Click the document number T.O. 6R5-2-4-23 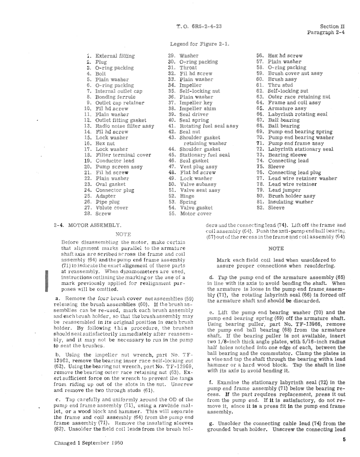pos(199,27)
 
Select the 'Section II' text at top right pos(332,27)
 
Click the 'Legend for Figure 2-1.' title pos(200,44)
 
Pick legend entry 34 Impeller pos(190,85)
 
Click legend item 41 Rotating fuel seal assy pos(209,126)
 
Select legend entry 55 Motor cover pos(195,214)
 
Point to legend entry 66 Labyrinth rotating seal pos(297,114)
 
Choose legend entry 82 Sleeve pos(276,208)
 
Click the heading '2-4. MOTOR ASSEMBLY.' pos(88,225)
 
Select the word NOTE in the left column pos(123,234)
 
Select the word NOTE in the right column pos(276,248)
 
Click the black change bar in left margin pos(47,280)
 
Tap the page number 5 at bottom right pos(344,440)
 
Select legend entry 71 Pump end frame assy pos(296,143)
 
